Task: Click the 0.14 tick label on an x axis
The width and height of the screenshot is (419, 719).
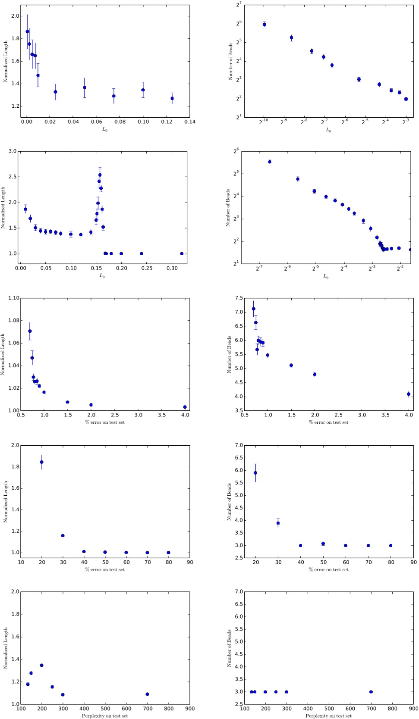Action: pyautogui.click(x=190, y=122)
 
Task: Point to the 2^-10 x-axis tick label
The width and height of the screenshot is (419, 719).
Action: pyautogui.click(x=263, y=122)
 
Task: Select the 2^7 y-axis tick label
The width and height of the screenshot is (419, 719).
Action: pyautogui.click(x=239, y=5)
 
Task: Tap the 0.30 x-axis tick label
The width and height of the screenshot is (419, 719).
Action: pyautogui.click(x=172, y=268)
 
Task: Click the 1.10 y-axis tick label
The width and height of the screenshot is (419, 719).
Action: pyautogui.click(x=13, y=298)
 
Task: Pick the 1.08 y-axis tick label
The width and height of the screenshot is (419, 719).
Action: pyautogui.click(x=13, y=320)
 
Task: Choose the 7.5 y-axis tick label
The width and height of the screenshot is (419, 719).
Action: pyautogui.click(x=239, y=298)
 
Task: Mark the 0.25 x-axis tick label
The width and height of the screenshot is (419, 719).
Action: pyautogui.click(x=147, y=268)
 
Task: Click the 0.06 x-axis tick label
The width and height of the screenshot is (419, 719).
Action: pyautogui.click(x=97, y=122)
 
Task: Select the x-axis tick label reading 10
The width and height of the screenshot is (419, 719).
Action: pyautogui.click(x=21, y=562)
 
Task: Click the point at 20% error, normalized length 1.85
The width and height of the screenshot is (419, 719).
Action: pyautogui.click(x=42, y=462)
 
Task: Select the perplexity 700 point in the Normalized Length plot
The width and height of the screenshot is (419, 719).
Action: pyautogui.click(x=147, y=694)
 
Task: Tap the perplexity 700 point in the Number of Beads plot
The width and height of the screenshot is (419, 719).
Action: pyautogui.click(x=371, y=692)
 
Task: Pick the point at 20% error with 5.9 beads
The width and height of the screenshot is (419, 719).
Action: pyautogui.click(x=255, y=473)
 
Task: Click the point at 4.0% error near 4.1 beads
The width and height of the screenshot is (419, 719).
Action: pyautogui.click(x=409, y=394)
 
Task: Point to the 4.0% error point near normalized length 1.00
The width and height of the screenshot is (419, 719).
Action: pyautogui.click(x=185, y=407)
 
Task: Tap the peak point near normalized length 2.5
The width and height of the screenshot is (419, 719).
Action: pyautogui.click(x=100, y=175)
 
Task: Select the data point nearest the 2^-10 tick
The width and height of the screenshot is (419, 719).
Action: pyautogui.click(x=265, y=25)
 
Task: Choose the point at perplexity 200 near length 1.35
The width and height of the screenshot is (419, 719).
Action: pyautogui.click(x=42, y=665)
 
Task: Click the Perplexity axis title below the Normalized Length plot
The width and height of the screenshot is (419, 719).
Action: pyautogui.click(x=105, y=716)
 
